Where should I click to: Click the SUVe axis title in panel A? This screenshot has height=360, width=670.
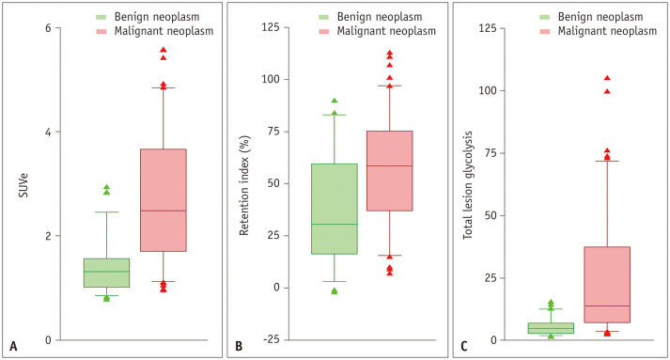[x=23, y=185]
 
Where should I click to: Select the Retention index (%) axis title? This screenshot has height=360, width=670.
[x=244, y=186]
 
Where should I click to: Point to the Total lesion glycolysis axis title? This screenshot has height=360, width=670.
[x=468, y=185]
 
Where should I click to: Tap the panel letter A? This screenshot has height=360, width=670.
[x=13, y=346]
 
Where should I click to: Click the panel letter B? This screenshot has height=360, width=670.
[x=239, y=346]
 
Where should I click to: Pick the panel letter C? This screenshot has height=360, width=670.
[x=464, y=346]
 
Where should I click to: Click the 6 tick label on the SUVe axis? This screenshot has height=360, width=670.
[x=48, y=28]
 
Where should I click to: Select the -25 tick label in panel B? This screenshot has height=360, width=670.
[x=270, y=340]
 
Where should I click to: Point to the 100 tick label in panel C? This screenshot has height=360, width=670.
[x=488, y=90]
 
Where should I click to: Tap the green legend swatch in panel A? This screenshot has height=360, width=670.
[x=101, y=17]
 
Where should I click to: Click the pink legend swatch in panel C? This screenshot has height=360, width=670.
[x=544, y=31]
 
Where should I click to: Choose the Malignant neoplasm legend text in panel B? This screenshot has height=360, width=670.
[x=387, y=31]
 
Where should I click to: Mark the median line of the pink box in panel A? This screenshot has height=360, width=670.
[x=164, y=211]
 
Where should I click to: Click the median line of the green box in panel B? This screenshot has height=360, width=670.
[x=335, y=224]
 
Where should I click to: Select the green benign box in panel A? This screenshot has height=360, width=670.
[x=106, y=273]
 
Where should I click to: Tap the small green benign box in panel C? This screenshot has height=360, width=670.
[x=551, y=328]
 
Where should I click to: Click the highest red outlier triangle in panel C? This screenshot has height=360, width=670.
[x=607, y=78]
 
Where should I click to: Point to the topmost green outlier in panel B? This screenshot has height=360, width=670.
[x=335, y=101]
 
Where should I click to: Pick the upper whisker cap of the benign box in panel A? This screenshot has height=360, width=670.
[x=106, y=212]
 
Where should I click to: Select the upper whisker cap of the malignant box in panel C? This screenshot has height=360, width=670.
[x=607, y=161]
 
